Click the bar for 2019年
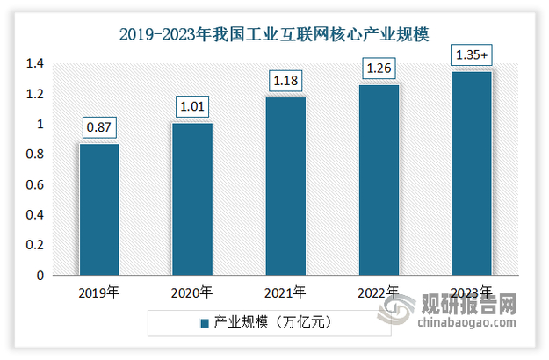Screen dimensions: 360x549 click(x=99, y=210)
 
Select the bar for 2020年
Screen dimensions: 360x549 click(x=192, y=199)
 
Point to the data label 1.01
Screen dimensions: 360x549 click(x=192, y=107)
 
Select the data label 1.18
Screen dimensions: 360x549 click(x=285, y=82)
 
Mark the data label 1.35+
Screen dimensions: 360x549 click(x=472, y=55)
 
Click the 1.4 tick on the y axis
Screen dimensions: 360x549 click(x=34, y=64)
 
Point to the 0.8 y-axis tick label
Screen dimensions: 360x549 click(x=34, y=155)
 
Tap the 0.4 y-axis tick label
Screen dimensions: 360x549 click(x=34, y=215)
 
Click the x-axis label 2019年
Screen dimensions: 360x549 click(x=99, y=292)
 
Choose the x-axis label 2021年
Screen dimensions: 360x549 click(x=285, y=292)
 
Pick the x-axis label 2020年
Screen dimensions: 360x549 click(x=192, y=292)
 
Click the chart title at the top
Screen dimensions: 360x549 click(x=274, y=34)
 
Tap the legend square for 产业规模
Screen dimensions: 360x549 click(x=204, y=324)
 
